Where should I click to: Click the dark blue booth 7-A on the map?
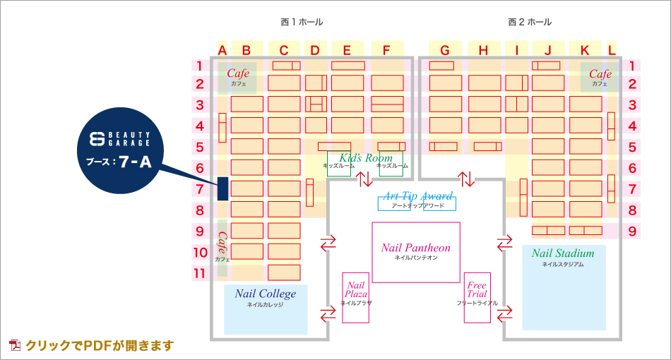222,188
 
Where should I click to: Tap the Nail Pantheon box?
416,252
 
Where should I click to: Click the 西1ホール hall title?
302,22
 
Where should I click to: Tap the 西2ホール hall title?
530,22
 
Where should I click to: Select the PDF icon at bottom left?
15,345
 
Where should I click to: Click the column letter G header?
444,50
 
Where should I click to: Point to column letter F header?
386,50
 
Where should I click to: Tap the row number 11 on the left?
200,272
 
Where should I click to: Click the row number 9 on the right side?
633,231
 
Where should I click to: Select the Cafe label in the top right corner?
600,74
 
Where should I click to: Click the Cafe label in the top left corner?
238,73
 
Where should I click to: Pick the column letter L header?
612,50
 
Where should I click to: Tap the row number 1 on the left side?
200,66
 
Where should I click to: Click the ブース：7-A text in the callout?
119,162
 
